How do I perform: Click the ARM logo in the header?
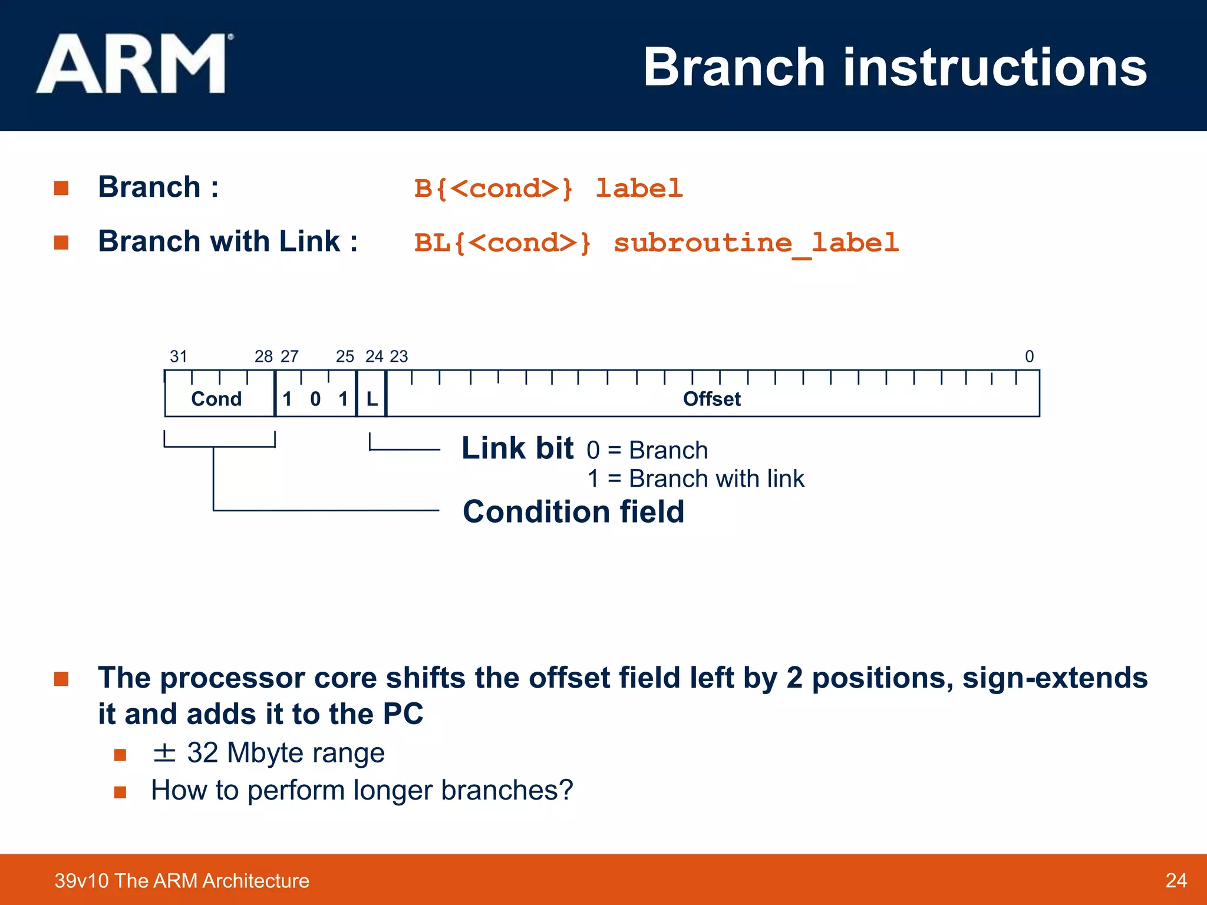[x=133, y=65]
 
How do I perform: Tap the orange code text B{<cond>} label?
[x=548, y=189]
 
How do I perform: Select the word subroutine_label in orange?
[x=756, y=243]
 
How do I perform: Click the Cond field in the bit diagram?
[x=216, y=399]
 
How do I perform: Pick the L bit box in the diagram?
[x=372, y=399]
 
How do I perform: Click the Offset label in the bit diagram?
[x=711, y=399]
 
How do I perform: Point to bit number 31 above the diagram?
[x=179, y=356]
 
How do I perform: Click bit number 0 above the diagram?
[x=1029, y=356]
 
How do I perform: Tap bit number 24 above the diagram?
[x=374, y=356]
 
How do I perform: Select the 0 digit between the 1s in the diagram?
[x=315, y=399]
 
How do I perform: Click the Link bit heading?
[x=517, y=448]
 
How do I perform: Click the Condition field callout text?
[x=573, y=511]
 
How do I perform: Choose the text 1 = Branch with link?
[x=695, y=479]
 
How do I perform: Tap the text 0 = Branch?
[x=647, y=451]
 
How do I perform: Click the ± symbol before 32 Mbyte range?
[x=164, y=753]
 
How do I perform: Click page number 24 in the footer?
[x=1176, y=880]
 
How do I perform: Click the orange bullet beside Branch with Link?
[x=61, y=243]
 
